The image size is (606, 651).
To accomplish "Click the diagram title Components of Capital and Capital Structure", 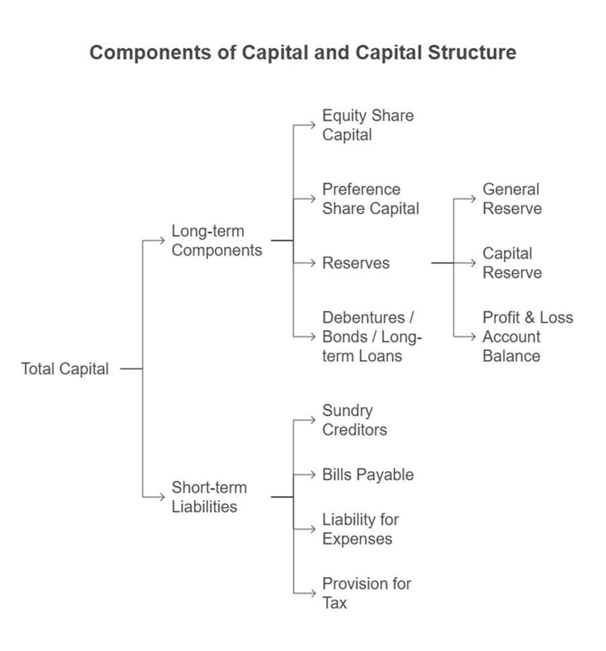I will click(303, 52).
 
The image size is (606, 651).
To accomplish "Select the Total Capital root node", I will click(64, 368).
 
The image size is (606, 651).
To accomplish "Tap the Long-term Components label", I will click(216, 240).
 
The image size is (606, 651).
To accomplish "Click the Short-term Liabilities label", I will click(209, 497).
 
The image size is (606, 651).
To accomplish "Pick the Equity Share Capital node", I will click(367, 125).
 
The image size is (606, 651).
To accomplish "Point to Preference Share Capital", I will click(370, 199).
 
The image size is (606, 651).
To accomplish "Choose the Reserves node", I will click(356, 263).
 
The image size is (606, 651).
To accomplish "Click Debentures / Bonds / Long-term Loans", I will click(371, 336).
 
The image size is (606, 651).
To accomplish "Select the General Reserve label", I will click(511, 199).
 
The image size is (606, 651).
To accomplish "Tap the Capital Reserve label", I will click(511, 263).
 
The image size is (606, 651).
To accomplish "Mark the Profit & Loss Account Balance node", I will click(527, 336).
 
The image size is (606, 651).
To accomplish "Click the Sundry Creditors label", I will click(354, 420).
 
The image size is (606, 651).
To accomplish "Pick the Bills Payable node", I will click(367, 474).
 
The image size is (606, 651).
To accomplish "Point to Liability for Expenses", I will click(360, 529).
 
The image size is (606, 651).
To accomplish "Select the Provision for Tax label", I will click(366, 593).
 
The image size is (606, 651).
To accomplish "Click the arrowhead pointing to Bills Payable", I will click(312, 474).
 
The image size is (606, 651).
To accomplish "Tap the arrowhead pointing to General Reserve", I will click(474, 199).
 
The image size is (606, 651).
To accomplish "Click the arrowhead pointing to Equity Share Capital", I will click(312, 125).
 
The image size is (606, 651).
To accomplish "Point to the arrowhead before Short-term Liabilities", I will click(162, 497).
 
